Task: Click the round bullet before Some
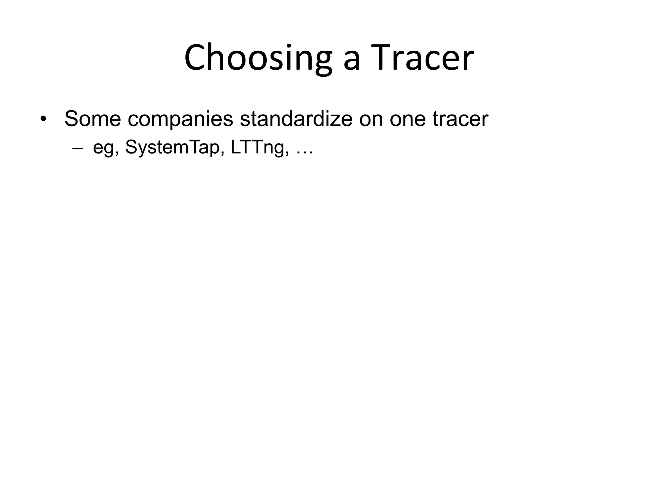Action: pos(43,120)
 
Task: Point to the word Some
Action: pos(93,119)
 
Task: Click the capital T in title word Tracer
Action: pos(384,58)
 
